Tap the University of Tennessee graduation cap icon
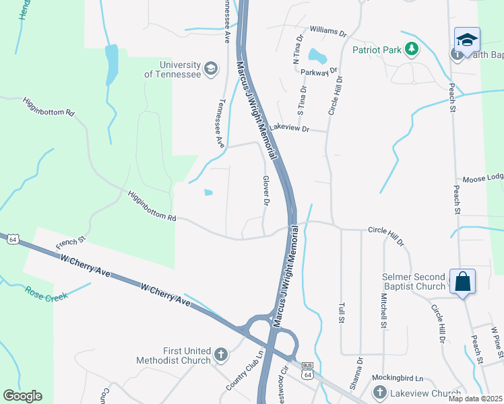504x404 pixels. [x=211, y=69]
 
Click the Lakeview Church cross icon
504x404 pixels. [x=379, y=393]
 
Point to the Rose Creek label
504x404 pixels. [x=46, y=294]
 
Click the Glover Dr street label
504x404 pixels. [x=266, y=191]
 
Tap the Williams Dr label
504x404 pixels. [x=327, y=31]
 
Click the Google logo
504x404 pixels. [x=22, y=396]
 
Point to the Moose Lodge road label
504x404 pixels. [x=482, y=178]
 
